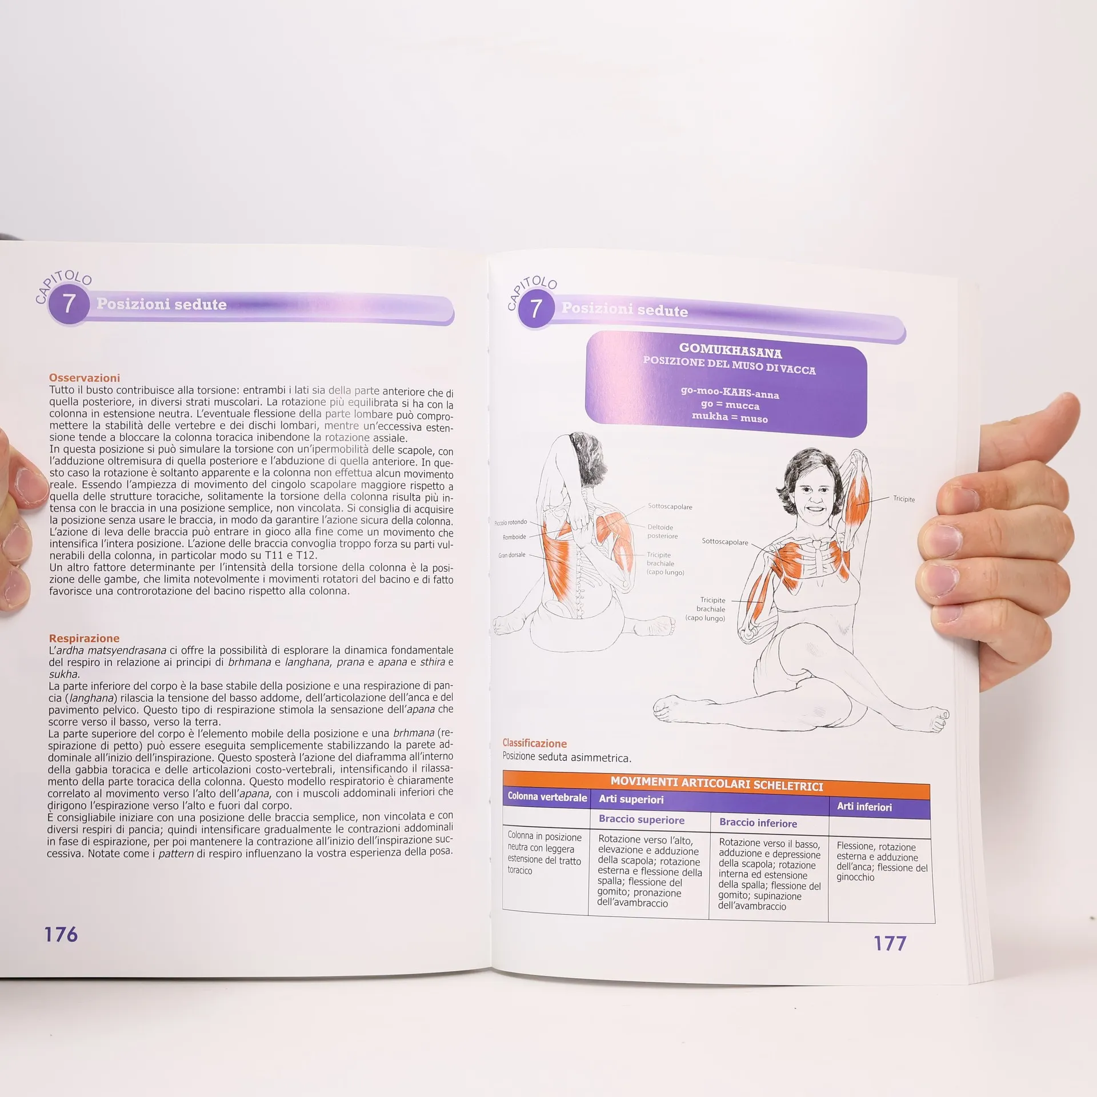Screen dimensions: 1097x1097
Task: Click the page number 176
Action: click(61, 935)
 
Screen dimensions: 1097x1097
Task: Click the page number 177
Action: click(890, 943)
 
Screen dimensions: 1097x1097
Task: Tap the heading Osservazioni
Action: click(85, 378)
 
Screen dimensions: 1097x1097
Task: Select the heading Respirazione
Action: click(84, 638)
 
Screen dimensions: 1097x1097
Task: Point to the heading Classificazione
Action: click(535, 743)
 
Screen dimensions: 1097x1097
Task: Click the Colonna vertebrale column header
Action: click(547, 797)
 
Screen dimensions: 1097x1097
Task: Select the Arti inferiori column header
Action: click(864, 807)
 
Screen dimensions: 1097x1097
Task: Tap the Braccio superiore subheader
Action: click(642, 820)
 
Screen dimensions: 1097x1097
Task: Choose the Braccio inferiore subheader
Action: click(758, 823)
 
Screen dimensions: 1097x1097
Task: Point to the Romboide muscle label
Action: click(514, 537)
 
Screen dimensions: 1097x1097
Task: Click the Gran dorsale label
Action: click(512, 555)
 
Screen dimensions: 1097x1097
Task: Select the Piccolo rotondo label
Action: click(511, 522)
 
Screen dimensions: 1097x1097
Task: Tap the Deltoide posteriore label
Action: click(663, 531)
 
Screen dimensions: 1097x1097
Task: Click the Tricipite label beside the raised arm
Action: click(904, 499)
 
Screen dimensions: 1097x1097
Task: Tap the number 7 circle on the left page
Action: click(69, 303)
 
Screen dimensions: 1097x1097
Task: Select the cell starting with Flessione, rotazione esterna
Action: click(882, 862)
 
